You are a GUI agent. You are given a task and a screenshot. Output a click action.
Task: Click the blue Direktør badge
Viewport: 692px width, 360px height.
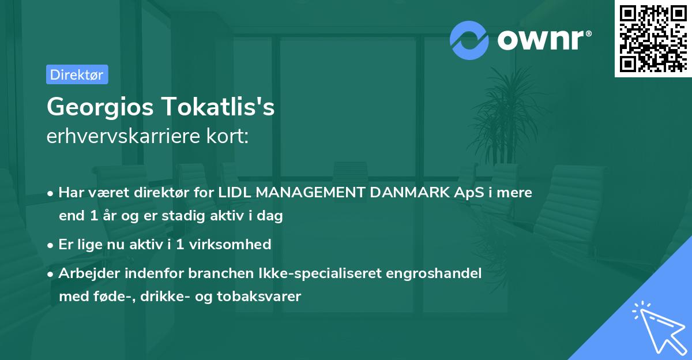coord(77,74)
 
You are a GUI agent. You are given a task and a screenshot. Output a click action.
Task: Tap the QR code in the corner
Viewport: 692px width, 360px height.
coord(653,39)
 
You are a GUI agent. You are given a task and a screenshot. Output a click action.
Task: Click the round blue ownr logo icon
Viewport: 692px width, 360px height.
coord(469,40)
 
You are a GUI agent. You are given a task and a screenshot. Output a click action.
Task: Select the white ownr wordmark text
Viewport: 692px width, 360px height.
coord(544,40)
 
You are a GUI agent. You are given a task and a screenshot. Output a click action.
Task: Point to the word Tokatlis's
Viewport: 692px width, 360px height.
coord(218,107)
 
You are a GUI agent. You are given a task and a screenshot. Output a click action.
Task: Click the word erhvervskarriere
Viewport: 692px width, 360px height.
coord(123,136)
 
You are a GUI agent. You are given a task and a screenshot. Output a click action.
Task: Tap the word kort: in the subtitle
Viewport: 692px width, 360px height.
coord(227,136)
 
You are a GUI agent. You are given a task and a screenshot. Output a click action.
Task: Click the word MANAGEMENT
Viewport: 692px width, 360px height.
coord(310,193)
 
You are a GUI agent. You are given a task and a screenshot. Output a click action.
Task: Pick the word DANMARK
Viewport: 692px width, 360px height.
coord(409,193)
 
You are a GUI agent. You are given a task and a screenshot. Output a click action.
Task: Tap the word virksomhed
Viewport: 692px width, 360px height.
coord(230,245)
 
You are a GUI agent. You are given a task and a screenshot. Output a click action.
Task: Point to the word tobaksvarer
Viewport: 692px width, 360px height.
coord(259,297)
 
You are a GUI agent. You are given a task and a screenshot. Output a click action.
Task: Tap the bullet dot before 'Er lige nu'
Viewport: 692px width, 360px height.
coord(50,246)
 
